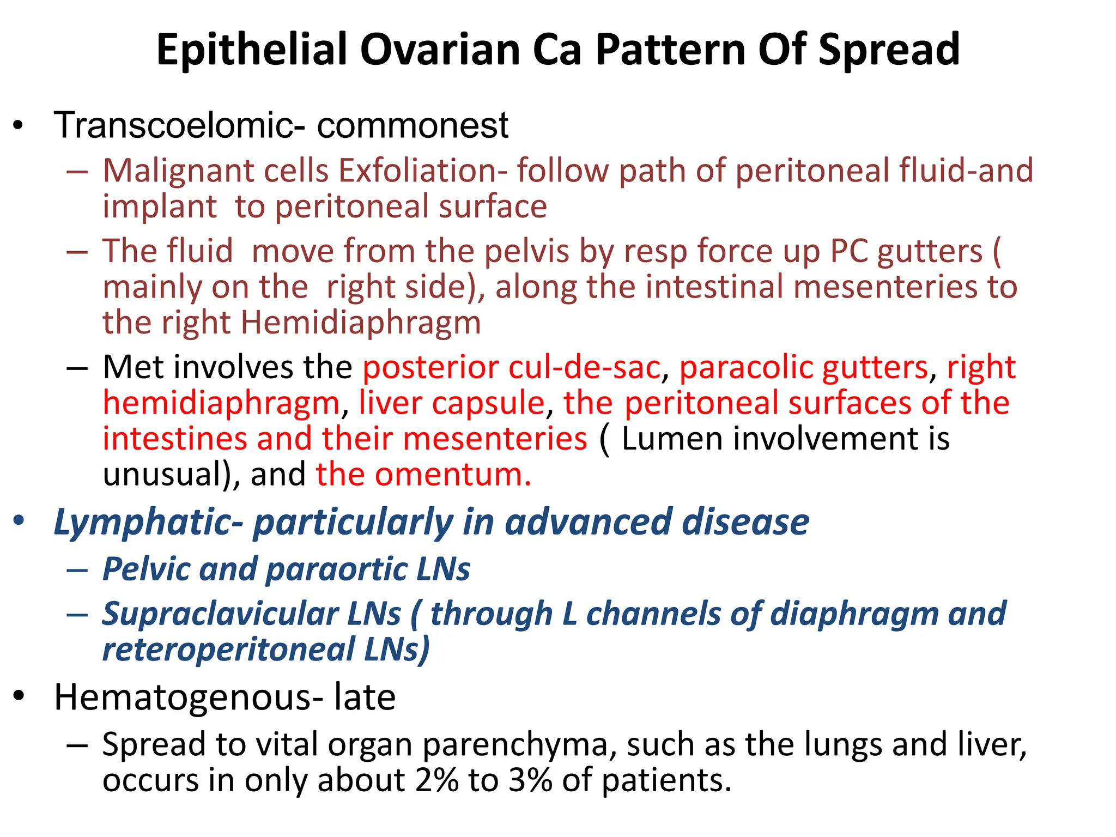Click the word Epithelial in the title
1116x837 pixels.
point(252,50)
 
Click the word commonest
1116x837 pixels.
point(413,125)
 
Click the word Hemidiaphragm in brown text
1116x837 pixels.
point(361,323)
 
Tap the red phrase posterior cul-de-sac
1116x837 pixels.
point(512,367)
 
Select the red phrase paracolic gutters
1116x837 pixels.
point(803,367)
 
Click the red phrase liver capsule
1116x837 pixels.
point(452,403)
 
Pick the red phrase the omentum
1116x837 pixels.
point(423,475)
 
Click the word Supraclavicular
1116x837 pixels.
point(252,614)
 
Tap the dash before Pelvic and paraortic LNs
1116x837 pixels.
point(77,570)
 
